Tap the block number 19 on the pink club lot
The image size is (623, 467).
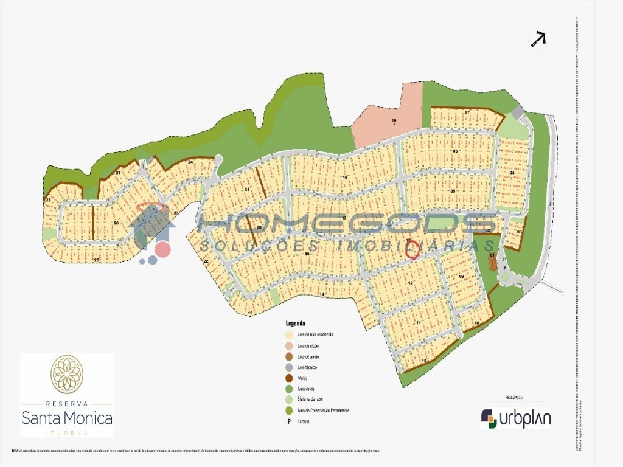click(x=394, y=121)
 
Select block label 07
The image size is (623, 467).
click(x=467, y=113)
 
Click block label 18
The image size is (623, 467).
click(x=344, y=177)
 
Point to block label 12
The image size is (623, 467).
click(x=411, y=283)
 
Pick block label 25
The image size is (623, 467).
click(x=97, y=260)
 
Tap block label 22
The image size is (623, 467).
click(x=206, y=261)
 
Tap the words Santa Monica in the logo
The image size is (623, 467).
click(x=67, y=418)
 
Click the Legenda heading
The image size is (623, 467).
click(x=296, y=323)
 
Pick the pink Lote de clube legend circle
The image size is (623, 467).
click(x=289, y=345)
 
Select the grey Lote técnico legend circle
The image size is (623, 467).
click(x=289, y=367)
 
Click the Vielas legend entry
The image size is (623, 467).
click(x=302, y=378)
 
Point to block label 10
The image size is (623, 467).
click(x=424, y=361)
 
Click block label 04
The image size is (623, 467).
click(x=512, y=173)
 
